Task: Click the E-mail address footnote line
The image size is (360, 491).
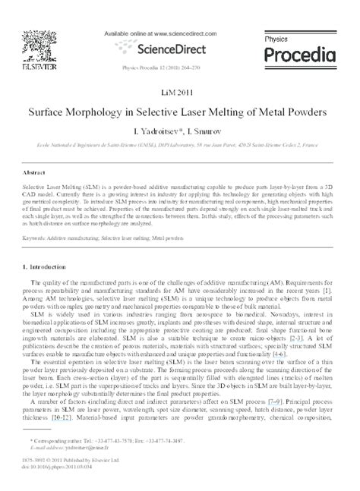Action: pos(65,468)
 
